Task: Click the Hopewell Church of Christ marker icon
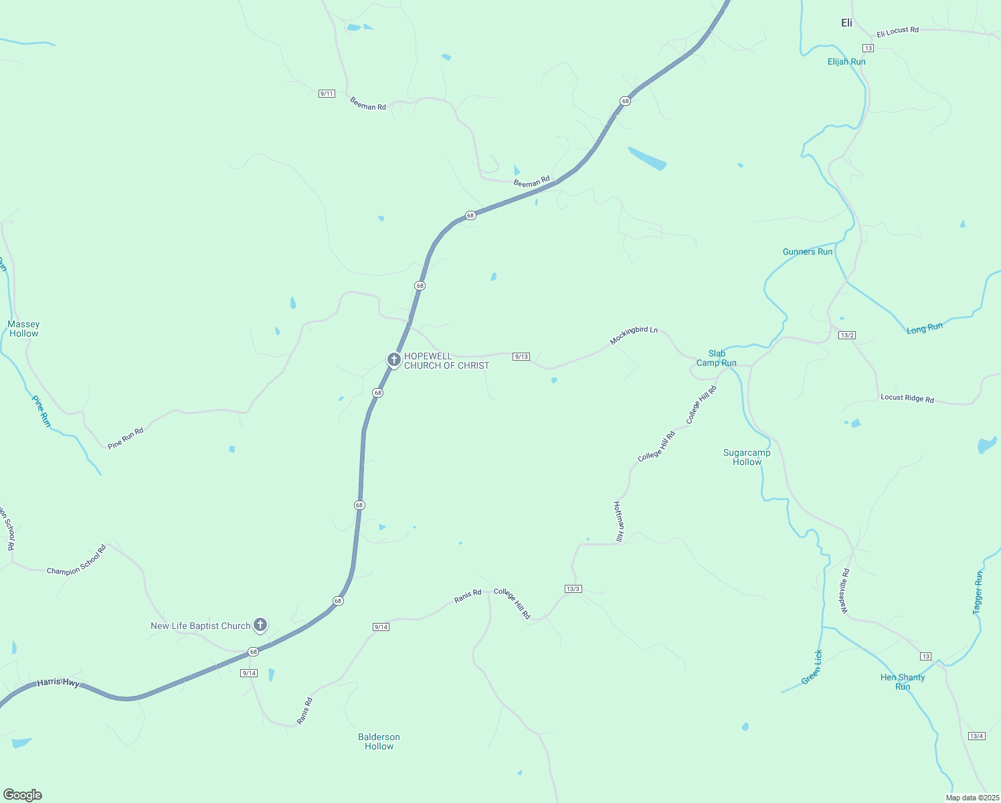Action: [x=394, y=359]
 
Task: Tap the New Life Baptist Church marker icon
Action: [x=260, y=625]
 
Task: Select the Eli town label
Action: [x=846, y=23]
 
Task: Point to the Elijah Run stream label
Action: [x=846, y=62]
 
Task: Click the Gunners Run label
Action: [x=808, y=252]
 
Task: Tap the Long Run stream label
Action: [x=925, y=328]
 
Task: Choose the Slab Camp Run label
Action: [x=717, y=358]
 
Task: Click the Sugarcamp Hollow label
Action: [x=747, y=457]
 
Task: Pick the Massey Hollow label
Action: [x=23, y=329]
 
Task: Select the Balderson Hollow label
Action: [x=379, y=741]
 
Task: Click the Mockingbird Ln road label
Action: [x=634, y=335]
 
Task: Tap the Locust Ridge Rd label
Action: [x=907, y=397]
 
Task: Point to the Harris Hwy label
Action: [x=58, y=683]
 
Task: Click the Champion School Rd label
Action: [x=77, y=561]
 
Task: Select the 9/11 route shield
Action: [x=327, y=94]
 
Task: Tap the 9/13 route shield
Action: [x=521, y=357]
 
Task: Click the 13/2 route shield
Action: [x=847, y=335]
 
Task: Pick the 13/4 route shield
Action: [x=976, y=736]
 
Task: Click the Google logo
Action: [x=23, y=795]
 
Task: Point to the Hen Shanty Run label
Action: [x=903, y=682]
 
